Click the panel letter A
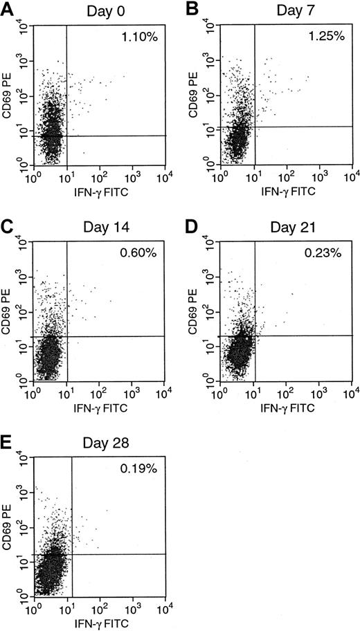point(8,8)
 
